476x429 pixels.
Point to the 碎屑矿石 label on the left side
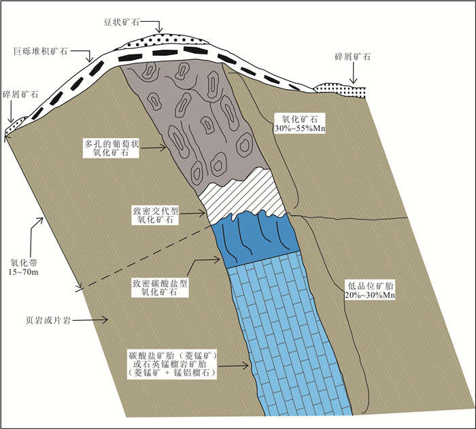[x=20, y=95]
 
